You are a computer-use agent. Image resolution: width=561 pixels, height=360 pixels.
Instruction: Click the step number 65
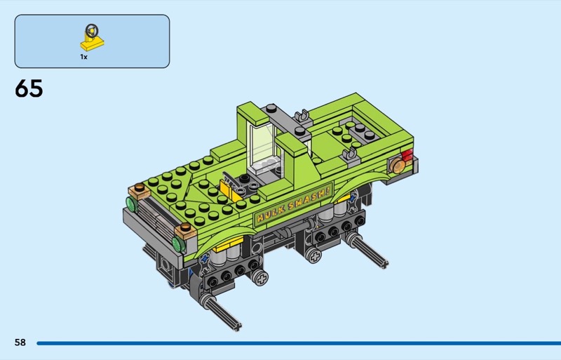click(29, 88)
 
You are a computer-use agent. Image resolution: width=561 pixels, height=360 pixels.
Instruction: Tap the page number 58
click(20, 342)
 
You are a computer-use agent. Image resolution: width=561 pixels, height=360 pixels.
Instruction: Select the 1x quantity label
click(83, 57)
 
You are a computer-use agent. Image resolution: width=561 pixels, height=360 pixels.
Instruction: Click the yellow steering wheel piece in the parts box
click(93, 38)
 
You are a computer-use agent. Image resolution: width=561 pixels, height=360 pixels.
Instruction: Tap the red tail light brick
click(407, 155)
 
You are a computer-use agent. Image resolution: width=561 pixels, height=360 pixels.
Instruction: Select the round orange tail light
click(397, 166)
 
